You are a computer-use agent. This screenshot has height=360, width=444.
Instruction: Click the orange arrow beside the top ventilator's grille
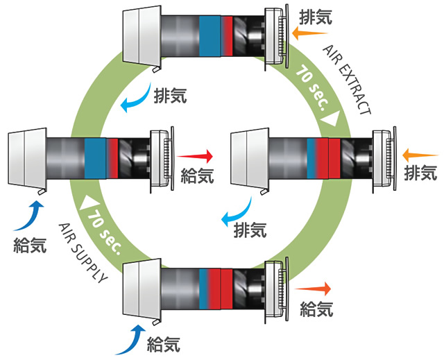pos(303,33)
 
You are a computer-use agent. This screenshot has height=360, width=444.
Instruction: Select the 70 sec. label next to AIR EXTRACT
pos(311,85)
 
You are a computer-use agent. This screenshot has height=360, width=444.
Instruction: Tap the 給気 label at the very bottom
pos(164,343)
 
